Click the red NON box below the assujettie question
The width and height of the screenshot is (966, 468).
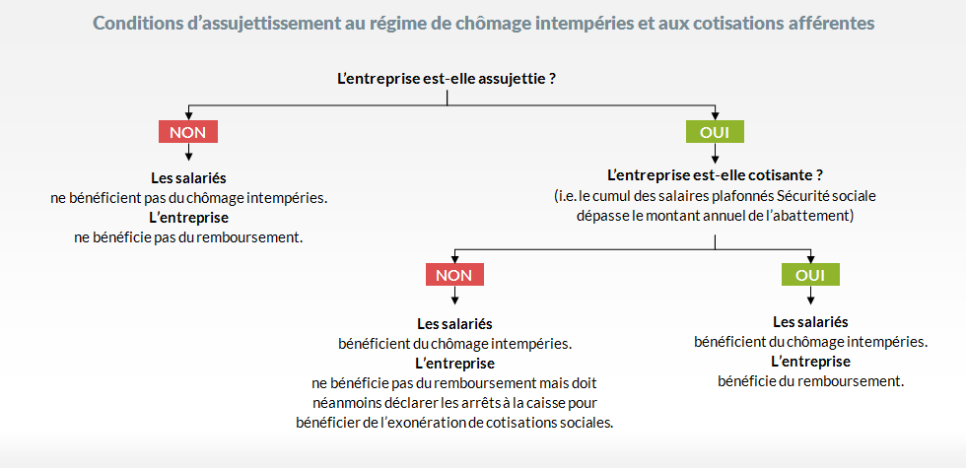point(188,132)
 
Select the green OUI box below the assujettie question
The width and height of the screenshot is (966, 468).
point(715,132)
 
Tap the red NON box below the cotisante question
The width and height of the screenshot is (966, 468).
point(454,275)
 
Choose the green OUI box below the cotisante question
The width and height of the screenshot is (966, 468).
point(810,275)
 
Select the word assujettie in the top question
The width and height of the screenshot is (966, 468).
point(515,80)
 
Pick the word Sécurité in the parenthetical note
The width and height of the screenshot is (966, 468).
point(799,196)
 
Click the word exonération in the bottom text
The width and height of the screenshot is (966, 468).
point(430,423)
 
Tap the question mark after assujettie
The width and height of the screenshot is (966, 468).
point(553,80)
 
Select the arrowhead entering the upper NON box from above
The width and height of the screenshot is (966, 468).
point(188,116)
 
